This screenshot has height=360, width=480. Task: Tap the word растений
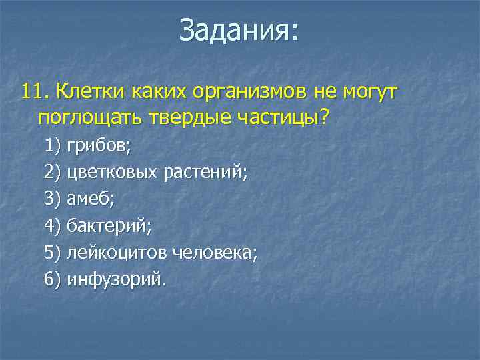coord(205,173)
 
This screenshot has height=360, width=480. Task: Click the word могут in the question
coord(371,91)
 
